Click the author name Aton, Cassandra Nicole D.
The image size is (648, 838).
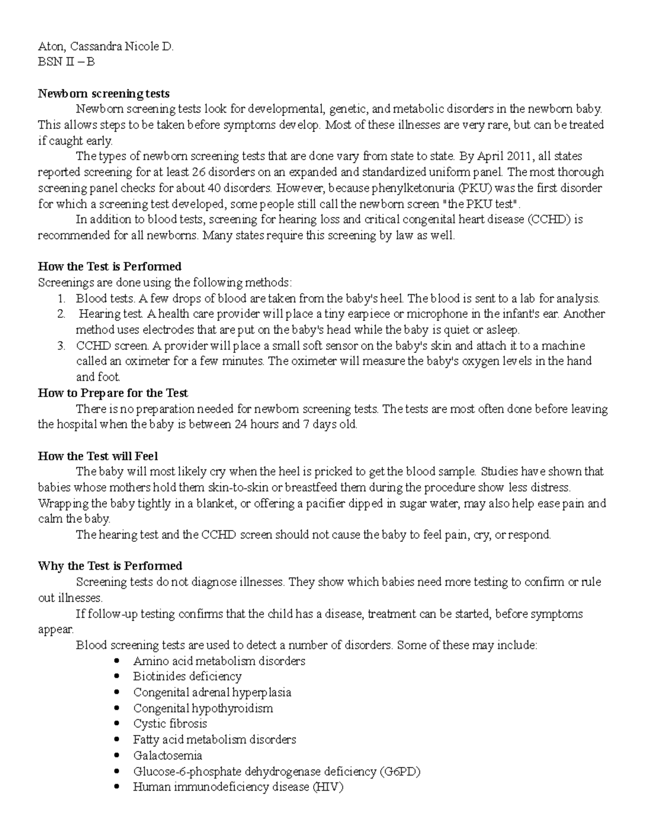pyautogui.click(x=106, y=46)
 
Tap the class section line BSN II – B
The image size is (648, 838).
pyautogui.click(x=66, y=62)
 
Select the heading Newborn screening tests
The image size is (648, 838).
pyautogui.click(x=104, y=94)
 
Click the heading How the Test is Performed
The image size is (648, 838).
pyautogui.click(x=110, y=267)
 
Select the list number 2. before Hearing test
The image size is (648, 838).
pyautogui.click(x=61, y=314)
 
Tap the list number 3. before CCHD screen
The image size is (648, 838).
pyautogui.click(x=61, y=346)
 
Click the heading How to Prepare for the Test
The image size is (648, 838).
pyautogui.click(x=113, y=393)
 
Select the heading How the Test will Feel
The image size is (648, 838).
pyautogui.click(x=98, y=456)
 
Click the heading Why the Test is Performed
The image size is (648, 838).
pyautogui.click(x=110, y=566)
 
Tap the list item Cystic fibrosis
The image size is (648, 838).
pyautogui.click(x=170, y=724)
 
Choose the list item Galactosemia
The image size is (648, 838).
pyautogui.click(x=167, y=755)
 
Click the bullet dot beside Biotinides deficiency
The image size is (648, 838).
pyautogui.click(x=117, y=677)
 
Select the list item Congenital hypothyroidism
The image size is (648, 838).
pyautogui.click(x=203, y=708)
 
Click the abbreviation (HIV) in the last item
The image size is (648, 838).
pyautogui.click(x=328, y=787)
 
